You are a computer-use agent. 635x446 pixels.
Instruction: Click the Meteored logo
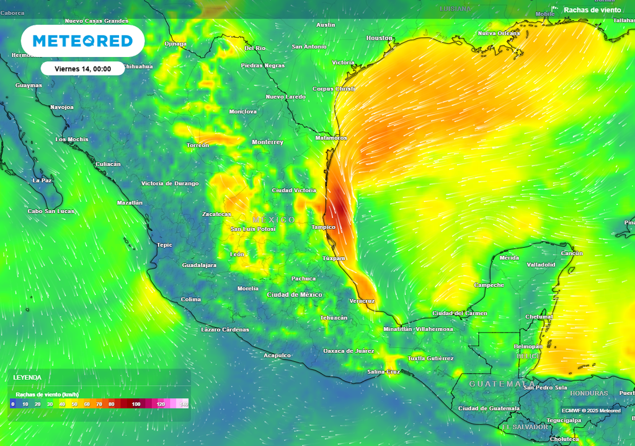(x=82, y=41)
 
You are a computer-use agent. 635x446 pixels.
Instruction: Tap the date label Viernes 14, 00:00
(x=82, y=69)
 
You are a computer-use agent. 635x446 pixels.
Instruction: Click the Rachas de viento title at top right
(x=592, y=10)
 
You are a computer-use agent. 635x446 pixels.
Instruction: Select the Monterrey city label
(x=267, y=142)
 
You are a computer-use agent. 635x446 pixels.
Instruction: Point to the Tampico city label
(x=322, y=227)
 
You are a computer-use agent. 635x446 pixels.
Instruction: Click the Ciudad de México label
(x=295, y=295)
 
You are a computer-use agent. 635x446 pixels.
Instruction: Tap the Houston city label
(x=380, y=38)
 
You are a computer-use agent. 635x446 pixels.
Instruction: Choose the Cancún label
(x=571, y=253)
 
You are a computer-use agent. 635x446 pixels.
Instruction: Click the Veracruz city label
(x=362, y=301)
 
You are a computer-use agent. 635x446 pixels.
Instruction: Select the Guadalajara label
(x=199, y=265)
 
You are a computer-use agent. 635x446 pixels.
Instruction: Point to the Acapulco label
(x=277, y=356)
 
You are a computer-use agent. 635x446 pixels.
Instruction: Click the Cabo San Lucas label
(x=51, y=211)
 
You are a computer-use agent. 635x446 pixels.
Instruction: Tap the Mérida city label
(x=509, y=258)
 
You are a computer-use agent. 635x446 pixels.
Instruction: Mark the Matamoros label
(x=331, y=138)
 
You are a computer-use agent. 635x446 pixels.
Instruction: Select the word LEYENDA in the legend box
(x=28, y=377)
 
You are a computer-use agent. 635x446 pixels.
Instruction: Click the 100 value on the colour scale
(x=136, y=404)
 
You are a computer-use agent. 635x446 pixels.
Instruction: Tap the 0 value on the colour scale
(x=13, y=404)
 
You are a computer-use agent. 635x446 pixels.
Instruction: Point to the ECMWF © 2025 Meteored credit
(x=591, y=411)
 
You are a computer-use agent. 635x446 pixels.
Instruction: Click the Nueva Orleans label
(x=499, y=33)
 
